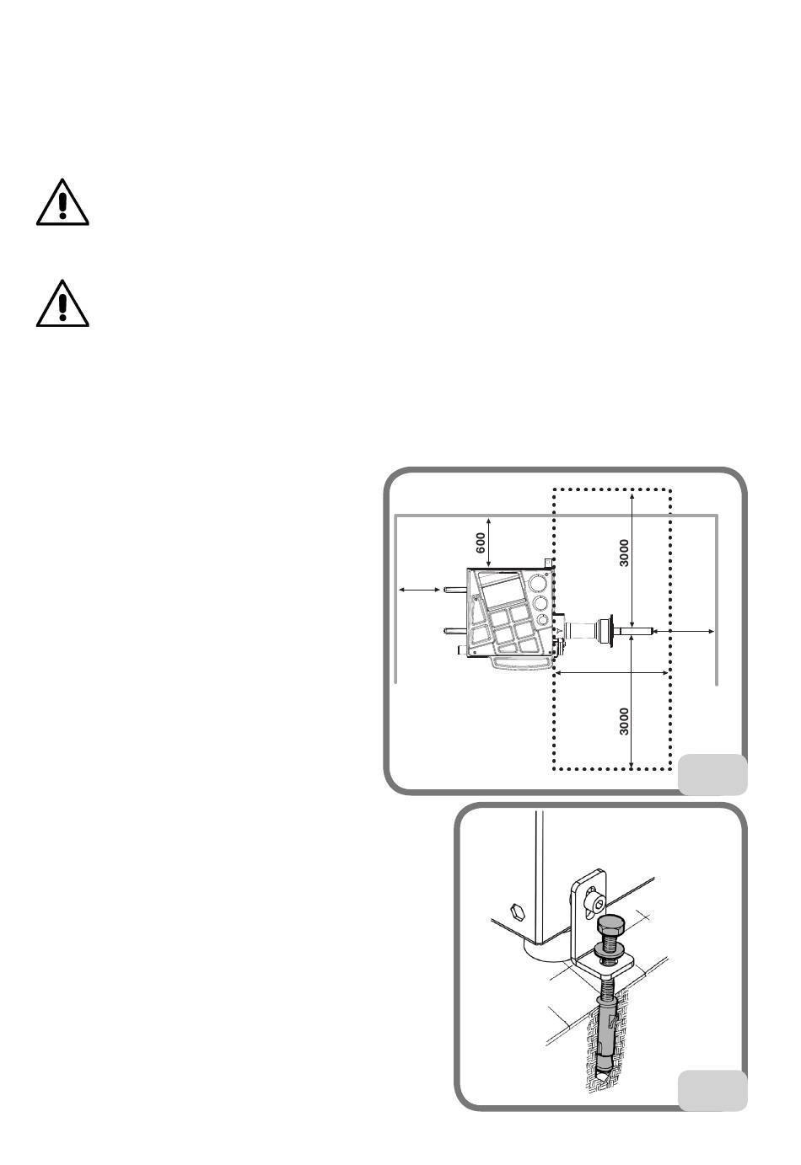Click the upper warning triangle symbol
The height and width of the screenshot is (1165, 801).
coord(62,203)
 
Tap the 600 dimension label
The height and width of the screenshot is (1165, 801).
coord(478,542)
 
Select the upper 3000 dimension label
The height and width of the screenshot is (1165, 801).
coord(624,553)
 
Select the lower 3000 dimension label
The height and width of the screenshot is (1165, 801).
coord(624,722)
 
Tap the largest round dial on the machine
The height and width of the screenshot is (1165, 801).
coord(536,583)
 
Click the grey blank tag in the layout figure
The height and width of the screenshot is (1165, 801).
coord(712,774)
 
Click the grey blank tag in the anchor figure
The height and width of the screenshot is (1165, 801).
coord(712,1090)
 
